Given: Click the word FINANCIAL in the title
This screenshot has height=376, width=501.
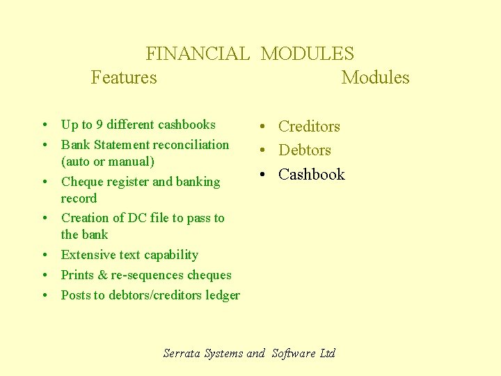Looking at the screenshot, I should click(x=197, y=54).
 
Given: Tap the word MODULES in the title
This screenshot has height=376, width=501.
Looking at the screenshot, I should click(x=307, y=54).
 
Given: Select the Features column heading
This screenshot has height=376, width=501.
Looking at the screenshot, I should click(x=124, y=77).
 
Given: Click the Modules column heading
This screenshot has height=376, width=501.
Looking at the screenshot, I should click(x=375, y=77).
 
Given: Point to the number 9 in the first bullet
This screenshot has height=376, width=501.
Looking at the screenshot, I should click(x=100, y=125).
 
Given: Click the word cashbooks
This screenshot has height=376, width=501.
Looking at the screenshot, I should click(x=186, y=125).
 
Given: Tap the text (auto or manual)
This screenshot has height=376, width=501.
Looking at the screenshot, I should click(x=108, y=162).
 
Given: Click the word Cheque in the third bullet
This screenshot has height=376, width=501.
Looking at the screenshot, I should click(x=81, y=182).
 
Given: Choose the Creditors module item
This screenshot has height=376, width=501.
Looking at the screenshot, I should click(x=309, y=127).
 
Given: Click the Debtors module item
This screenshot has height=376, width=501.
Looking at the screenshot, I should click(x=305, y=150).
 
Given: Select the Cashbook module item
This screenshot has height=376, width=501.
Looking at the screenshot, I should click(x=311, y=174).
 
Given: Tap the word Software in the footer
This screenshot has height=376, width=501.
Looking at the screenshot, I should click(x=294, y=353).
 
